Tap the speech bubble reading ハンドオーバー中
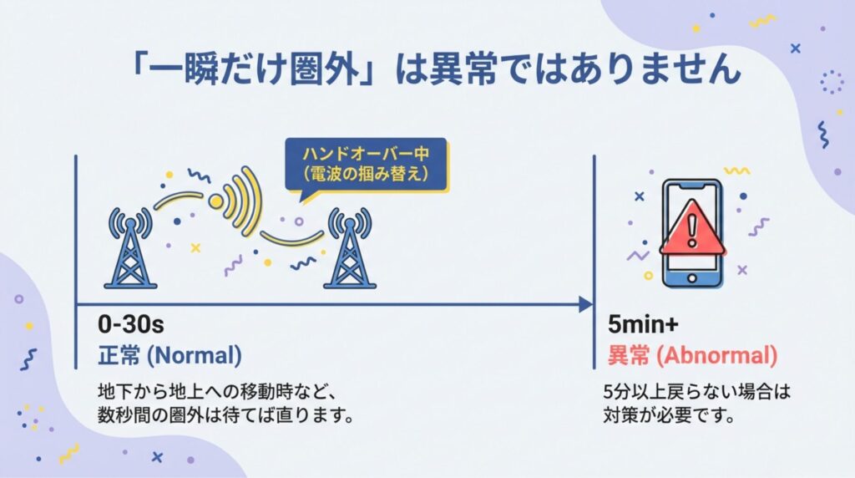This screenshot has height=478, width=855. pyautogui.click(x=367, y=155)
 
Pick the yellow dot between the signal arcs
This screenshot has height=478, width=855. pyautogui.click(x=216, y=201)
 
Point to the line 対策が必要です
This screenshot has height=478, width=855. pyautogui.click(x=668, y=414)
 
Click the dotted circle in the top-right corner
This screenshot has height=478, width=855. pyautogui.click(x=832, y=82)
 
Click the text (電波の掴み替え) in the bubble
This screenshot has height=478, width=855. pyautogui.click(x=367, y=175)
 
